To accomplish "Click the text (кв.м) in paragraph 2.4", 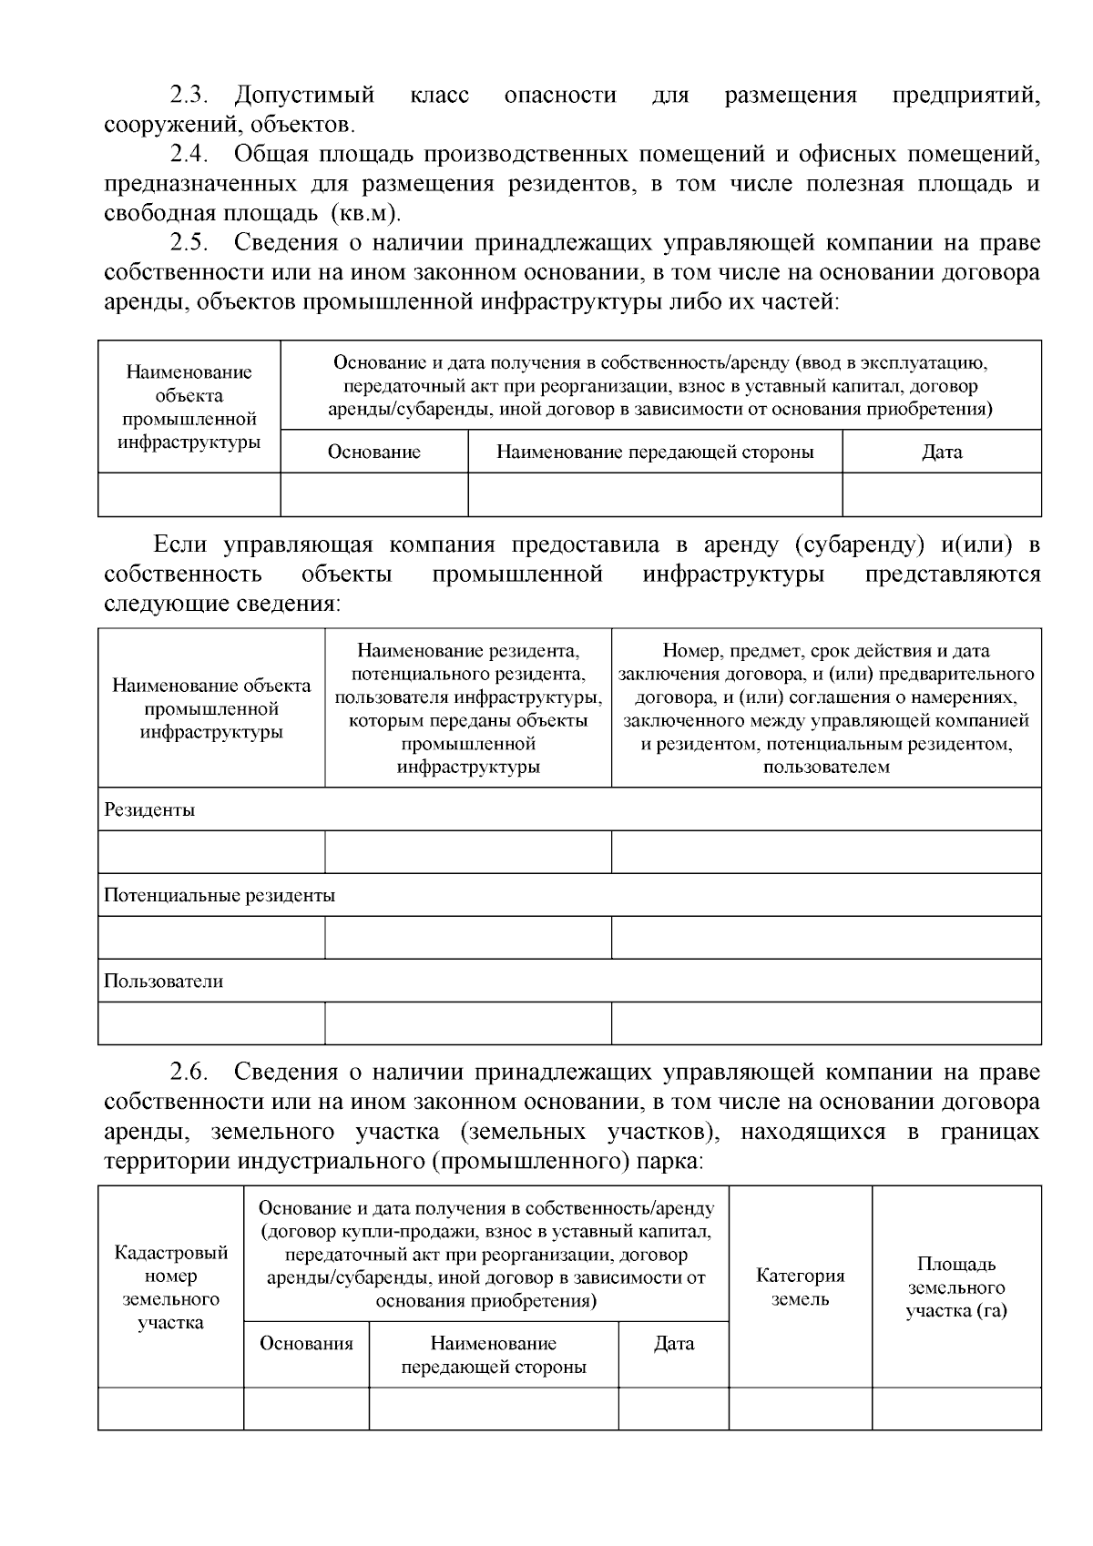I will [365, 214].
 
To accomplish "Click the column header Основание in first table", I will [373, 452].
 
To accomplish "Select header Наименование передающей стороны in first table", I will [654, 452].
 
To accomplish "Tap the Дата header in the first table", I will [941, 452].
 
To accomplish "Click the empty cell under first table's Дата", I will [941, 494].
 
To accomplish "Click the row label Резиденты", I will [149, 809].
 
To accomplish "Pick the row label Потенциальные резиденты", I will [220, 895].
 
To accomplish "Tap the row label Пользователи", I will [163, 981].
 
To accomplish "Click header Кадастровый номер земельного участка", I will [170, 1287].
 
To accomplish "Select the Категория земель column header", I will [800, 1287].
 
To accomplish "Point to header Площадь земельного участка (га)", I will [955, 1287].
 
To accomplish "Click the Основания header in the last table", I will [306, 1343].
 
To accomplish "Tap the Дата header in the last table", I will [673, 1343].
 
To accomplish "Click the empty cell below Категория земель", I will [800, 1408].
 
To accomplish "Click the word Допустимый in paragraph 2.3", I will [304, 95].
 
